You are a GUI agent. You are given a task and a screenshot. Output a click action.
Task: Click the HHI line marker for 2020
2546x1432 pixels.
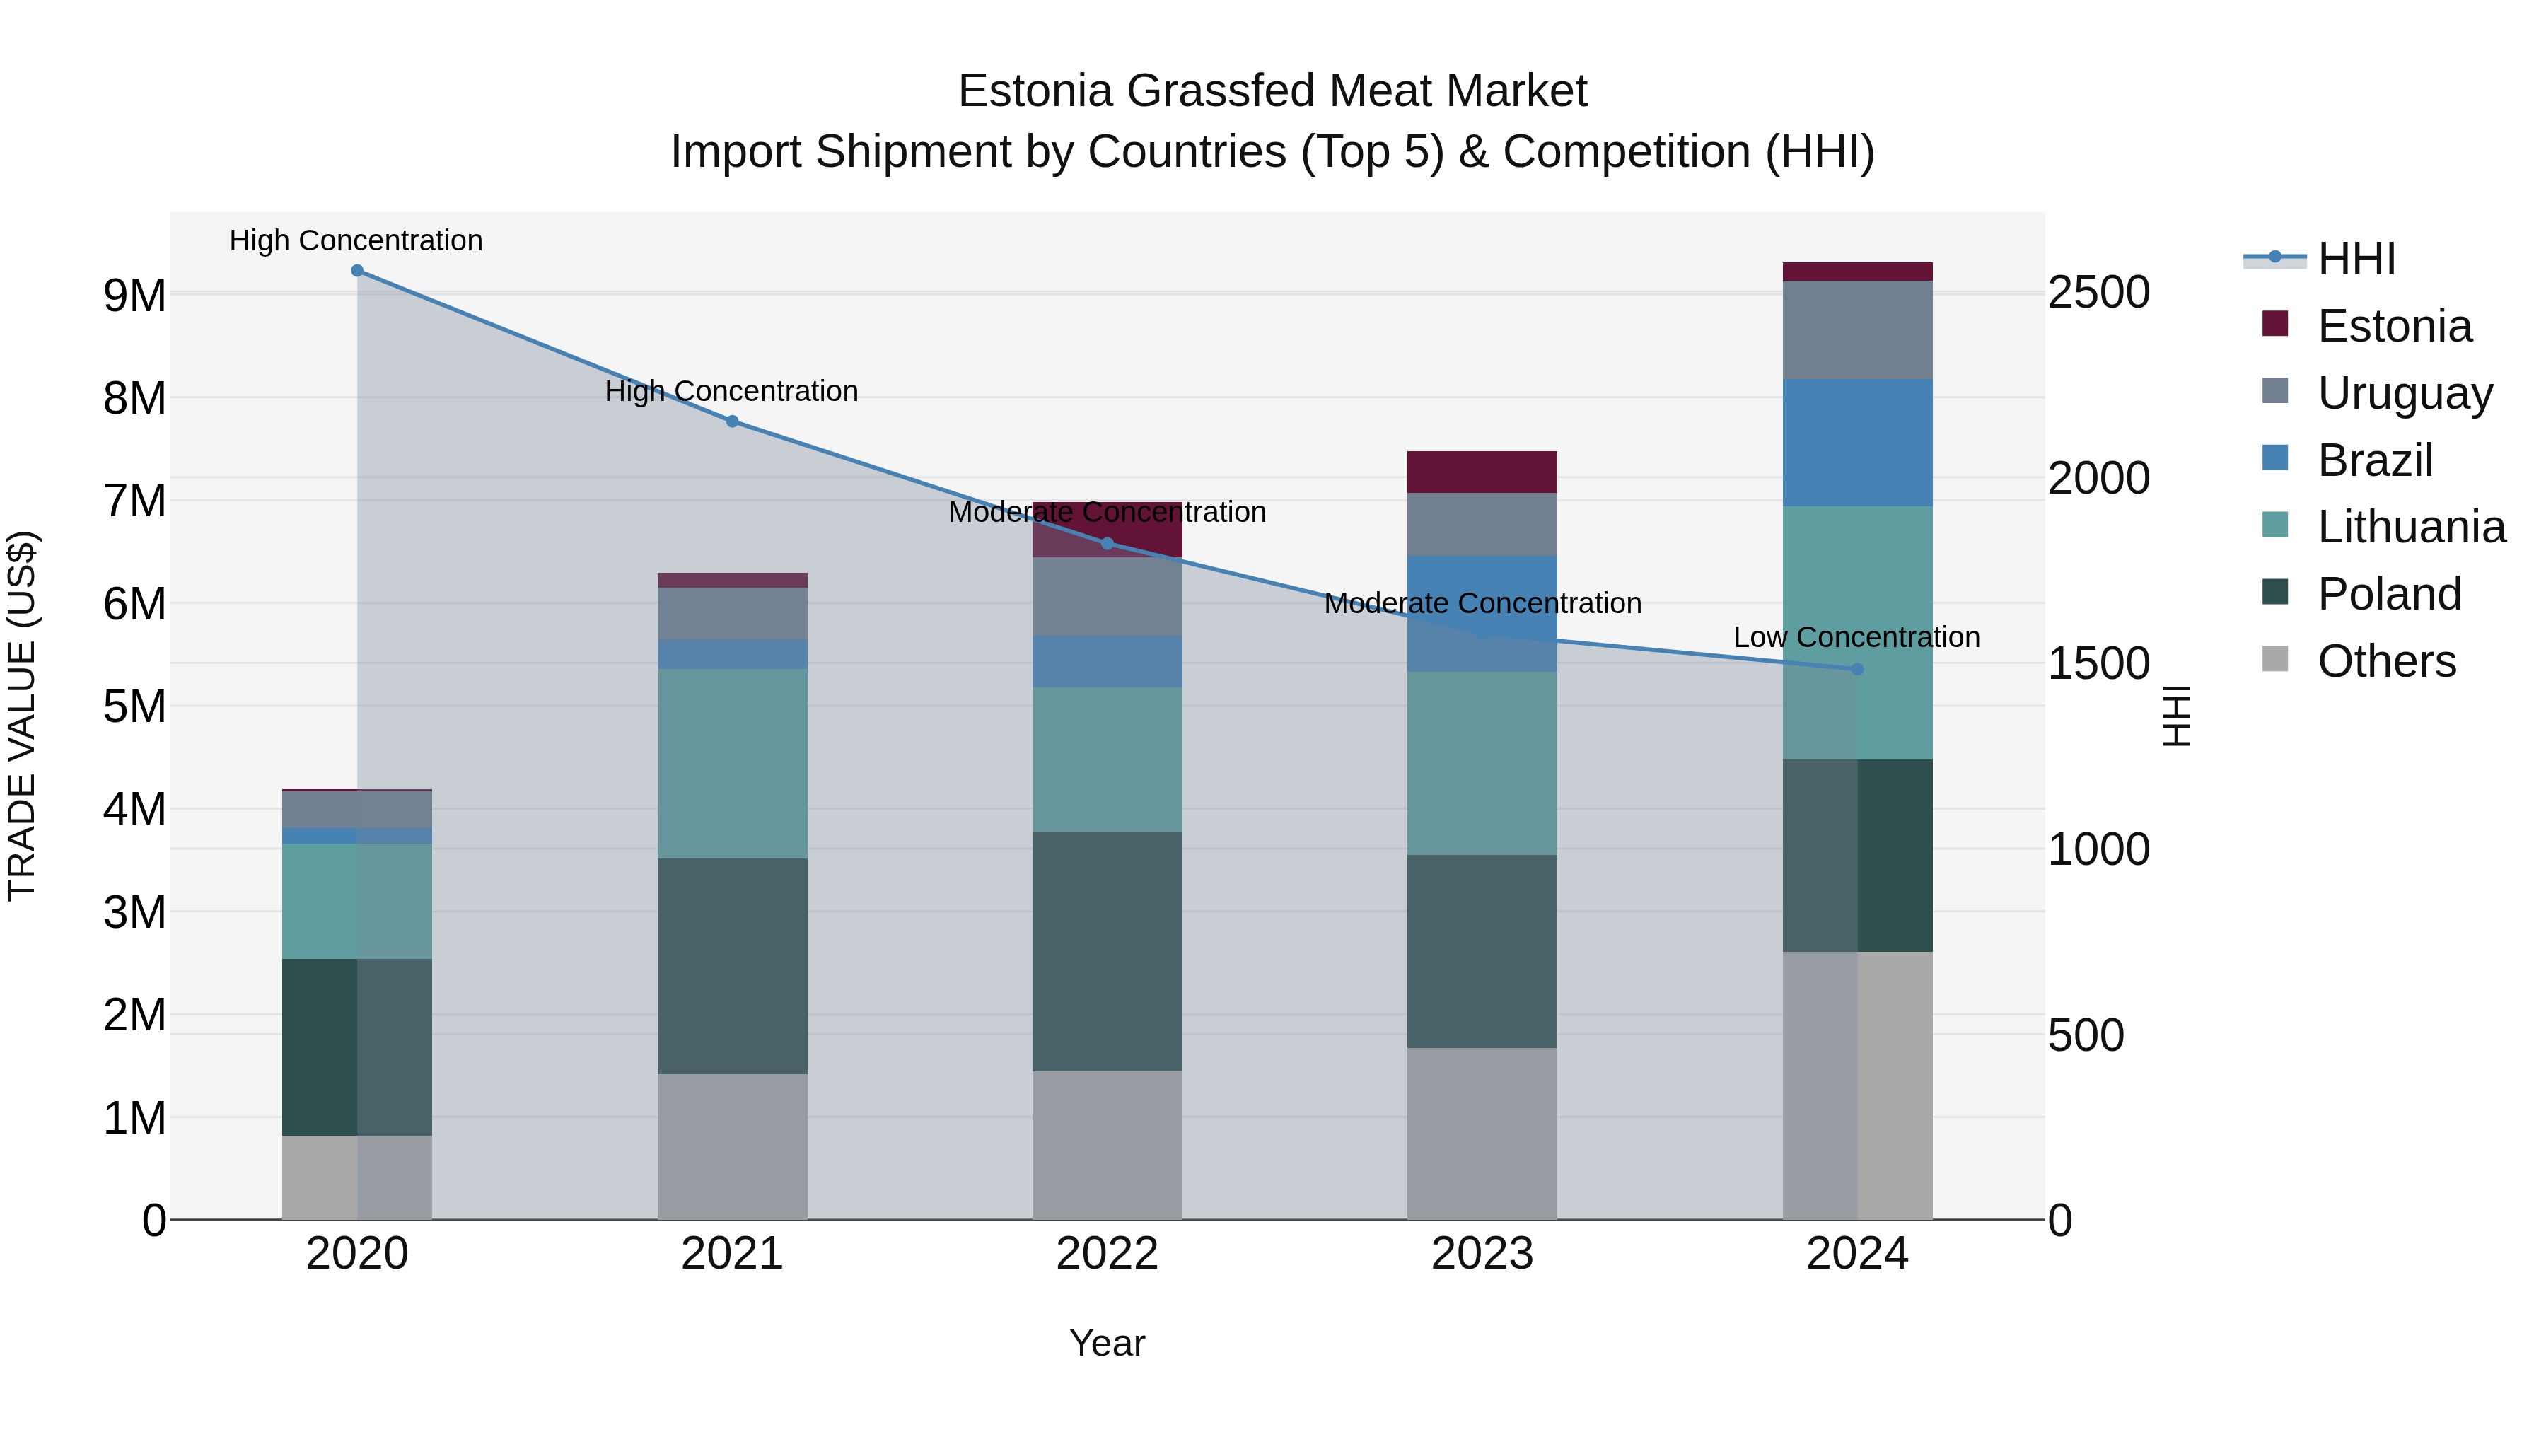(x=357, y=271)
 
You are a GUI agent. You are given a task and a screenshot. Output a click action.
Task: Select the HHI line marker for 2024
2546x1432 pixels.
(x=1857, y=669)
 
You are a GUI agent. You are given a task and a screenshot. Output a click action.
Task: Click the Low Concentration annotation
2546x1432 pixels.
(x=1856, y=637)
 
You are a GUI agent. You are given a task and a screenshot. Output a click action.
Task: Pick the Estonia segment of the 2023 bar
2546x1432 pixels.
(x=1482, y=472)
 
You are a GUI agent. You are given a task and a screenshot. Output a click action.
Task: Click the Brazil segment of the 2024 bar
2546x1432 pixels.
(x=1857, y=443)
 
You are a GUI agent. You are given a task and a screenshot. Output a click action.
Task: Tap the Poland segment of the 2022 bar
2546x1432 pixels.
(x=1107, y=950)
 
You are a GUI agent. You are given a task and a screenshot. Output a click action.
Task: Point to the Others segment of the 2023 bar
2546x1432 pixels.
(x=1482, y=1134)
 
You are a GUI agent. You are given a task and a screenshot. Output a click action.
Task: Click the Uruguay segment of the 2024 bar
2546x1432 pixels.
(x=1857, y=330)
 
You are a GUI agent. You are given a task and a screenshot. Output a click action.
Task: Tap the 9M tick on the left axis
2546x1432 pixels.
(x=134, y=296)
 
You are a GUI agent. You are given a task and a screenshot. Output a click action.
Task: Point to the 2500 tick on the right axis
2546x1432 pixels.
(x=2098, y=293)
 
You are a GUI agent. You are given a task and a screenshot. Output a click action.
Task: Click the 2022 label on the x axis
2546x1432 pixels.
(x=1107, y=1254)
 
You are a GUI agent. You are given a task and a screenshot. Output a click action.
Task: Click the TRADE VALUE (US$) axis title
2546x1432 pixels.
(x=22, y=716)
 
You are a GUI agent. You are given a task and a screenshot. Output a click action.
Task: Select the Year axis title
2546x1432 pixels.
(x=1107, y=1343)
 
